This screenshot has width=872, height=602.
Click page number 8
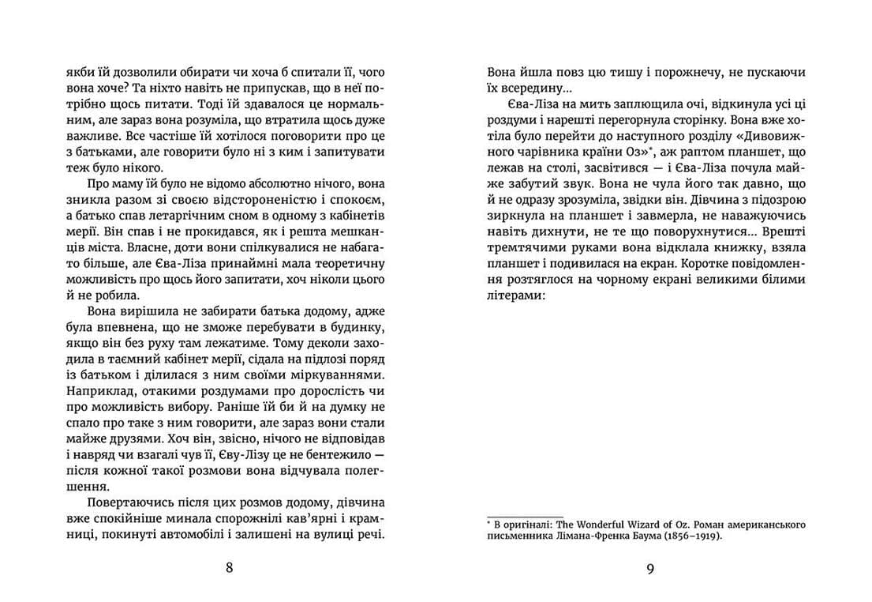pyautogui.click(x=229, y=568)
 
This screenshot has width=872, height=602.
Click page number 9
pyautogui.click(x=649, y=568)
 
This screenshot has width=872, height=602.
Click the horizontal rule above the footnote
pyautogui.click(x=524, y=514)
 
